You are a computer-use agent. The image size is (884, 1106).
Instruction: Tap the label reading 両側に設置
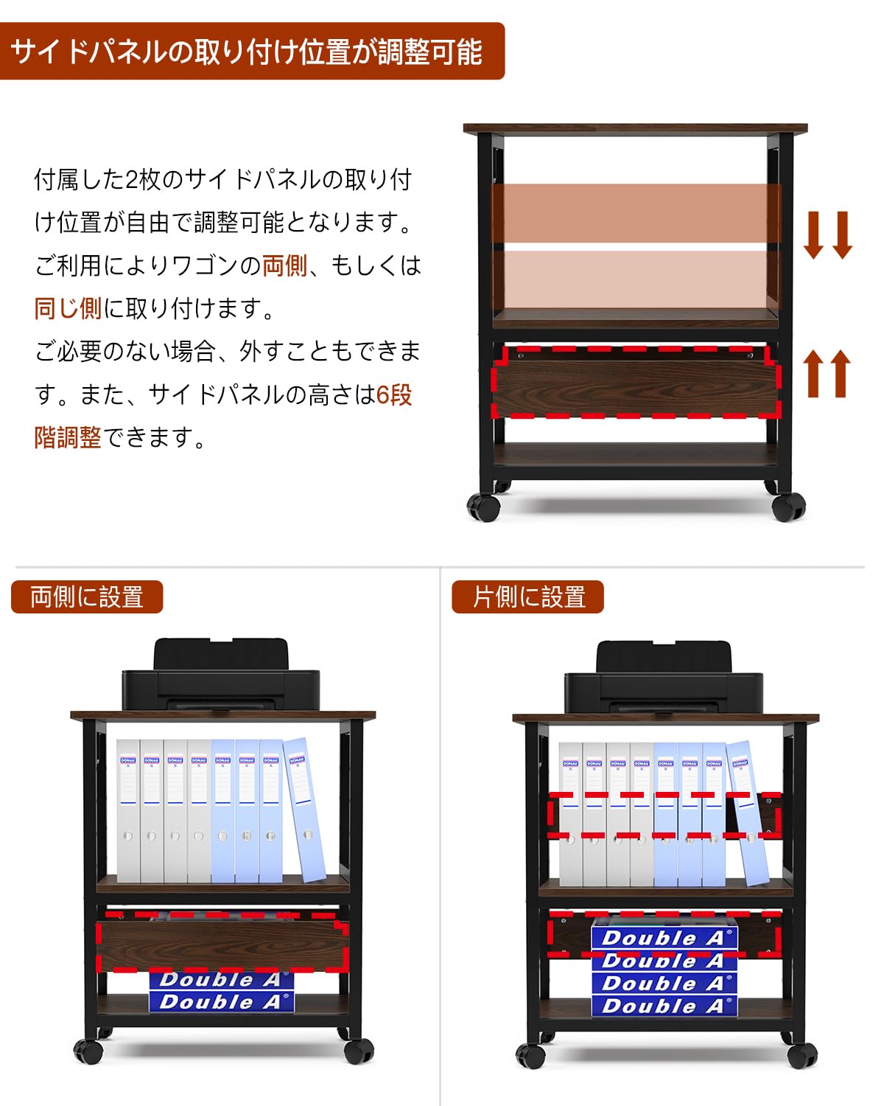coord(87,597)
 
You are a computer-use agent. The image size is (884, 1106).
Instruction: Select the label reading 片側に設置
coord(528,597)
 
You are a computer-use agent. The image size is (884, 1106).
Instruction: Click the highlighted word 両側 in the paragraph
coord(284,265)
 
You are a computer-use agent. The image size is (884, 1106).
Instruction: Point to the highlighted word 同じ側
coord(68,308)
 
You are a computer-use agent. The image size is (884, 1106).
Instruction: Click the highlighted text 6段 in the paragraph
coord(394,394)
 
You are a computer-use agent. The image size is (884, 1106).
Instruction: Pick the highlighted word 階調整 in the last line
coord(68,437)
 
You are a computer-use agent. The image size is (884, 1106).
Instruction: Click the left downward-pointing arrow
coord(813,234)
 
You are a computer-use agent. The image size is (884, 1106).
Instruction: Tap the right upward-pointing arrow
coord(840,373)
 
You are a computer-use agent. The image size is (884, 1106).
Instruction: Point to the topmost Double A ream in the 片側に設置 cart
coord(664,937)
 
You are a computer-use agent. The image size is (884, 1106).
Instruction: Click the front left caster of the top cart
coord(484,507)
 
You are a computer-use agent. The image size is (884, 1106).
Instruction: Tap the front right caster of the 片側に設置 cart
coord(801,1055)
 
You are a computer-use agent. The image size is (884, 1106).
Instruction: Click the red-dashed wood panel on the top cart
coord(635,383)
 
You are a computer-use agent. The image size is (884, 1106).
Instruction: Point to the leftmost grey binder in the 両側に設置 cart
coord(127,811)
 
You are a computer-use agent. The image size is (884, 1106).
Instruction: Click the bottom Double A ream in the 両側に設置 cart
coord(221,1001)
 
